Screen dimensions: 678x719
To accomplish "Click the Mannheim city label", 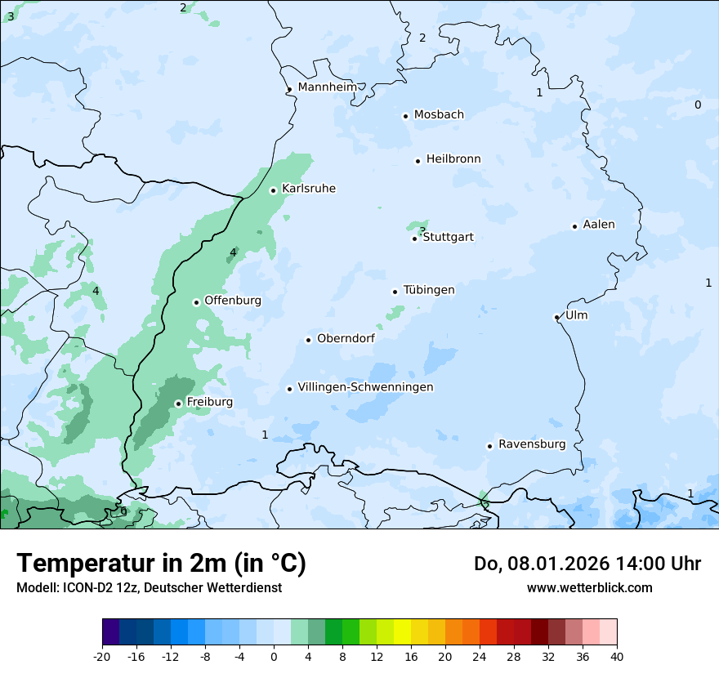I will (x=327, y=87).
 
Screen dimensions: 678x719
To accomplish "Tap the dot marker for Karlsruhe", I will (x=274, y=190).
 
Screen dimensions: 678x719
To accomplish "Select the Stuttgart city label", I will (x=448, y=237).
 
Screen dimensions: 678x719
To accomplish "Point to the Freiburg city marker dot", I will (x=178, y=404).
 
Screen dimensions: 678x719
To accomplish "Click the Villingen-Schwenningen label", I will (x=365, y=387).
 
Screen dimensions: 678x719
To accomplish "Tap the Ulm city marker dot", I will (x=556, y=317).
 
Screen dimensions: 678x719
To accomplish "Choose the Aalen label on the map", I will (x=599, y=225).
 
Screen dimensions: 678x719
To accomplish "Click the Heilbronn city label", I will (x=453, y=159).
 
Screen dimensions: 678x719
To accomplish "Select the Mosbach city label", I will (x=439, y=115).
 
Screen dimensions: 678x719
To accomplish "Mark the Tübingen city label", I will (x=429, y=290).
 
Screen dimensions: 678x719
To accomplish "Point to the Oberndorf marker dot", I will (x=308, y=340).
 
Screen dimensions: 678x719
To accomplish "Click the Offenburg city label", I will (x=233, y=301).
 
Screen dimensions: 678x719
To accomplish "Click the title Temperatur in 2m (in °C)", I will (x=161, y=564).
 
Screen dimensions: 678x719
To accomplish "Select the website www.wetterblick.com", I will (x=589, y=588).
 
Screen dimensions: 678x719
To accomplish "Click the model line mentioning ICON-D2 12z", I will (x=149, y=588).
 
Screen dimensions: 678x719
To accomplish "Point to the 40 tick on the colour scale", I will (x=616, y=656).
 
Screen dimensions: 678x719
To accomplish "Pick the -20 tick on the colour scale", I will (x=102, y=656).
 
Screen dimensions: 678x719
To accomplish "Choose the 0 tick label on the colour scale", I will (x=274, y=656).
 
